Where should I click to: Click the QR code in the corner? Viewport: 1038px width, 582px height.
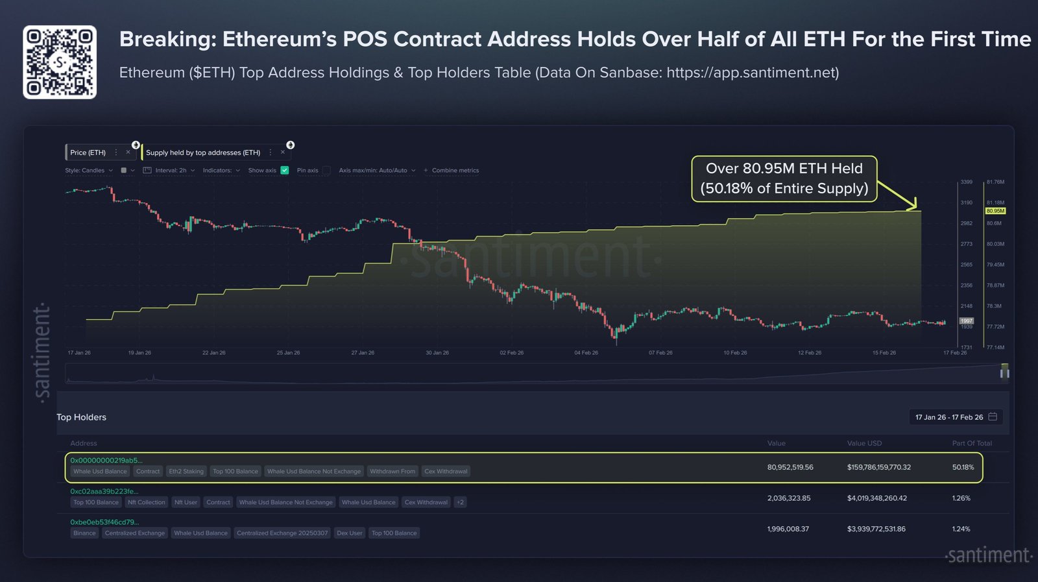click(60, 62)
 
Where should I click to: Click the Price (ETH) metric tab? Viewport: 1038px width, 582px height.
click(88, 152)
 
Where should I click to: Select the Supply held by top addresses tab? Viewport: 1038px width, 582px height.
click(203, 152)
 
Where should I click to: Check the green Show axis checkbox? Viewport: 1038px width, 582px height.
click(285, 171)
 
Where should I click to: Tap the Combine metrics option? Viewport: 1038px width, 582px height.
click(455, 171)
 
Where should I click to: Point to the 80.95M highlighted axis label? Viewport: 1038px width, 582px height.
click(995, 211)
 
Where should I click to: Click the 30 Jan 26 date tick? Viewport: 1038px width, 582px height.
click(437, 353)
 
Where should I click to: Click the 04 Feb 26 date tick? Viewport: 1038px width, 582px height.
click(586, 353)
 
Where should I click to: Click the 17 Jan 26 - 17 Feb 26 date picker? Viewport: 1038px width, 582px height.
click(955, 417)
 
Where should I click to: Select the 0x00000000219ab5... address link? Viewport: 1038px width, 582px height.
click(106, 461)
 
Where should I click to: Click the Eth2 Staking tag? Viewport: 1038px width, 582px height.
click(186, 472)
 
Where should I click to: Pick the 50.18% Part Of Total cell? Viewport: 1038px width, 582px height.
click(963, 467)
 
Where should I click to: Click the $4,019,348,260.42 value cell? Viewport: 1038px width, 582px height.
click(876, 498)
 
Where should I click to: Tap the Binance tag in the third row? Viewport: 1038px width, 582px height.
click(84, 533)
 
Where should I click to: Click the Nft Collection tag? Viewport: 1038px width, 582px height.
click(147, 502)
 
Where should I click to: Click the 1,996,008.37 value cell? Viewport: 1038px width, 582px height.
click(788, 529)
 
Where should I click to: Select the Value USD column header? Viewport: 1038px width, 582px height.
click(864, 443)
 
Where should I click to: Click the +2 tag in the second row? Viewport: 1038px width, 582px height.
click(460, 502)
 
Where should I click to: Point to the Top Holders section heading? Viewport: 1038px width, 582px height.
click(81, 417)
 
